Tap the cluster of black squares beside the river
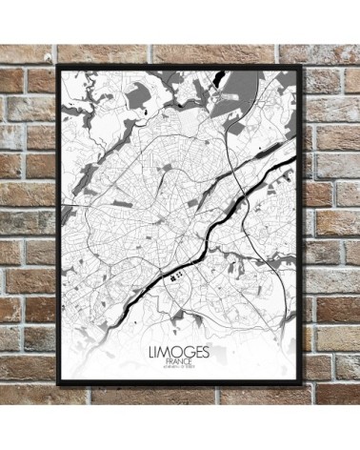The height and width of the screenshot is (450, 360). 174,277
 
